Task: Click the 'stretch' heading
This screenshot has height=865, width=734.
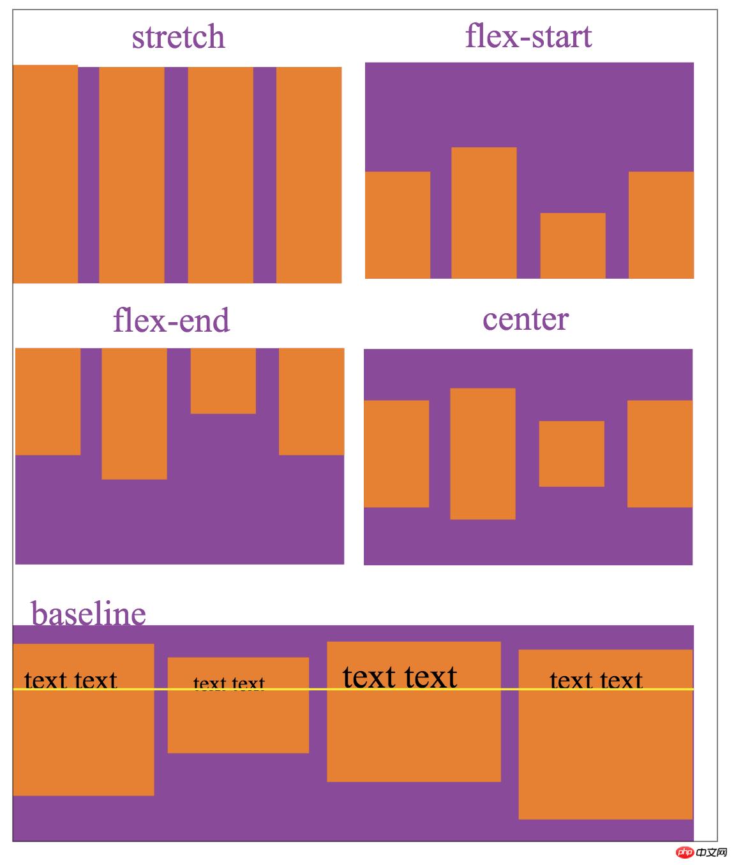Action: point(178,37)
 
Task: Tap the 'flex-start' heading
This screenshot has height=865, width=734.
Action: point(528,36)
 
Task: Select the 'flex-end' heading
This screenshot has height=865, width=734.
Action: point(171,320)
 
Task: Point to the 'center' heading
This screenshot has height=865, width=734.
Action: point(525,319)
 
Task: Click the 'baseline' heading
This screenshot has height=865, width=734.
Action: point(88,613)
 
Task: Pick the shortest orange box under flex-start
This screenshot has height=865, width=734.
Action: point(573,246)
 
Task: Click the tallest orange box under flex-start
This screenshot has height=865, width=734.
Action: point(484,212)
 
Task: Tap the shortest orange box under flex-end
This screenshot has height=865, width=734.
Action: point(223,381)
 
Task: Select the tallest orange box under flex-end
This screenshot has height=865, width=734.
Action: point(134,413)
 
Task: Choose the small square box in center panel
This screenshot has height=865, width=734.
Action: point(571,454)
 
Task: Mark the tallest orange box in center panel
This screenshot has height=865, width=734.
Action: point(483,454)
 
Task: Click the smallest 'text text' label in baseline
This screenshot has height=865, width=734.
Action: point(228,684)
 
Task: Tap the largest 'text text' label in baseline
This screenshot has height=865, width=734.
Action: point(400,677)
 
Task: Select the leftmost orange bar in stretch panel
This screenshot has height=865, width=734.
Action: point(45,174)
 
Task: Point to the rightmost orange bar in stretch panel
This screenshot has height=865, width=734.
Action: point(309,175)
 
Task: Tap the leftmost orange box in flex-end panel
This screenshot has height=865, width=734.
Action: point(48,401)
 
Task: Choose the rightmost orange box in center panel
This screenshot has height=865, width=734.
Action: point(660,454)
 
